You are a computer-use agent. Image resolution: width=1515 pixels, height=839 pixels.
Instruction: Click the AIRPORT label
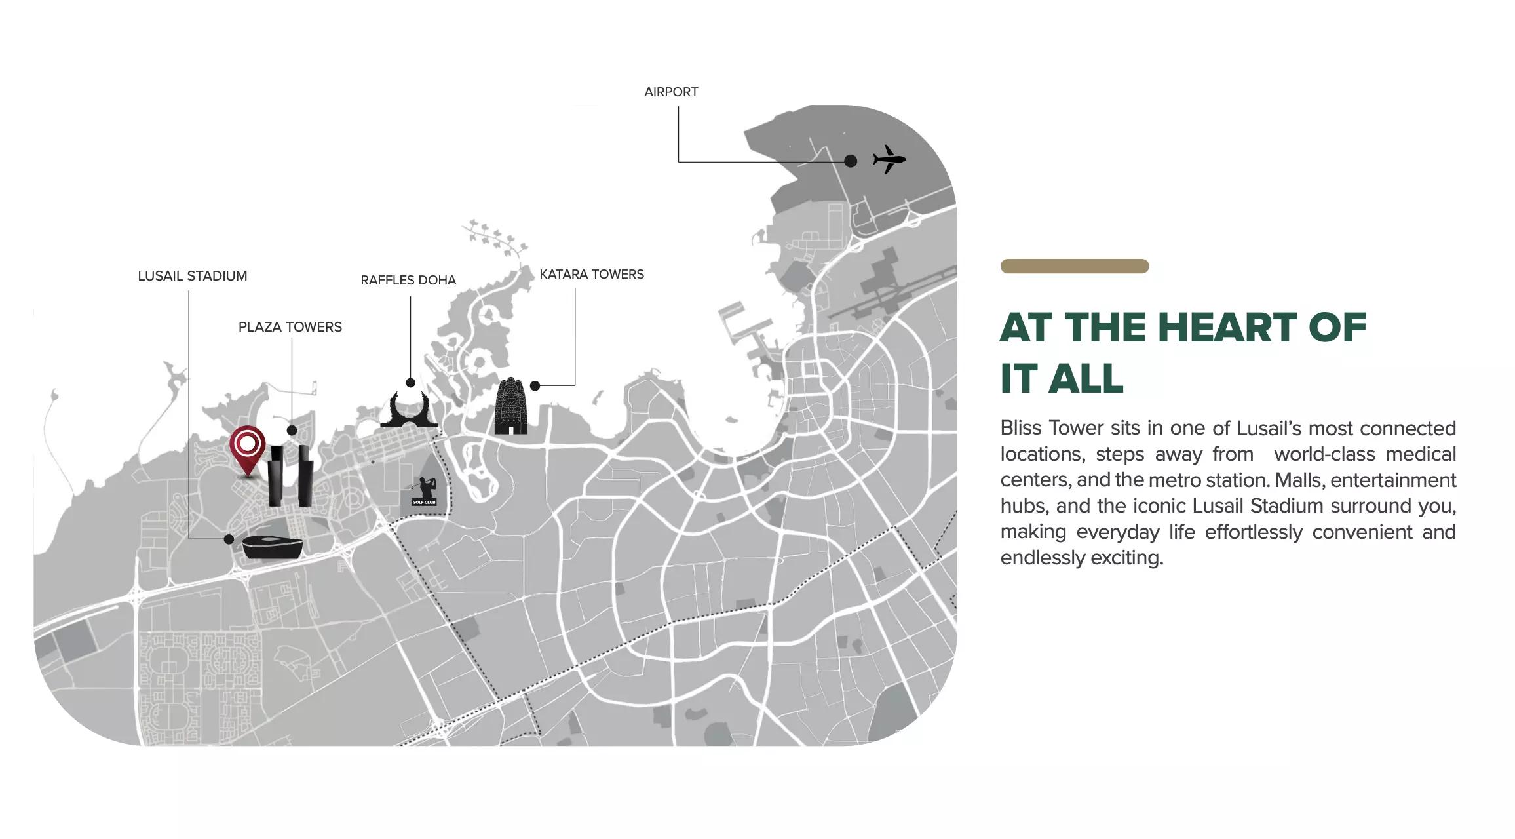point(671,92)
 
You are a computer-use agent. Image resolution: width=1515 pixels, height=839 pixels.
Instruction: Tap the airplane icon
point(889,159)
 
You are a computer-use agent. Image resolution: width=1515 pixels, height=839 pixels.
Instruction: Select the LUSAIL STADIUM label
point(193,276)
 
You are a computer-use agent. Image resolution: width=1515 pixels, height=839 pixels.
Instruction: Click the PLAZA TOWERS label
point(290,327)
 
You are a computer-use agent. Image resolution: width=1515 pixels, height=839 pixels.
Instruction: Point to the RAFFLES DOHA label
point(408,281)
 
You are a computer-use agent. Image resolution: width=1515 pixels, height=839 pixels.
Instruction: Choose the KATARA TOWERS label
point(592,275)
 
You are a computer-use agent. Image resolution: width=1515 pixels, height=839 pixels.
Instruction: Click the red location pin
point(248,450)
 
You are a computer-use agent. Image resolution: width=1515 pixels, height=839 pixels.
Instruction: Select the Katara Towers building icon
point(510,406)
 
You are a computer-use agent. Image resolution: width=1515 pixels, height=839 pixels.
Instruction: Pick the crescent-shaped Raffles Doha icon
point(410,410)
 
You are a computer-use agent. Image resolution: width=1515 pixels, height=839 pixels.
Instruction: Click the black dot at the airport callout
point(851,161)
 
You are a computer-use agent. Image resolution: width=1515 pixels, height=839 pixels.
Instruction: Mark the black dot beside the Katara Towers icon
point(535,386)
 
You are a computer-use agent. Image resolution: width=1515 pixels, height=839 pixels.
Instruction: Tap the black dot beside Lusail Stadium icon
point(229,539)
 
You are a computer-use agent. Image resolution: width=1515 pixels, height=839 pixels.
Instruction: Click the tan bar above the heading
point(1075,266)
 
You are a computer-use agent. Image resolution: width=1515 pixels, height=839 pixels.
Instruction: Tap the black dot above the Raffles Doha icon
point(410,383)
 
